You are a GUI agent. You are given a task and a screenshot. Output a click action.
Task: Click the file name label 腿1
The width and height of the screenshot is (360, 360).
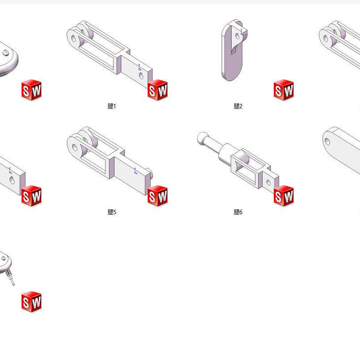112,106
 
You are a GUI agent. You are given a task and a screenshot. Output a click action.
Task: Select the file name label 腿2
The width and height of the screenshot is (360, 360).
238,106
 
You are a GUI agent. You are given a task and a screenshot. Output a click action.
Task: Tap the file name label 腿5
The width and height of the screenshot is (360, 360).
112,212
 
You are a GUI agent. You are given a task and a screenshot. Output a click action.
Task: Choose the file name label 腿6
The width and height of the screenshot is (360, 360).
238,212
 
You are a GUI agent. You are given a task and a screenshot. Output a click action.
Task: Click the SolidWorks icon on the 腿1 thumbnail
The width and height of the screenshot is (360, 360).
158,90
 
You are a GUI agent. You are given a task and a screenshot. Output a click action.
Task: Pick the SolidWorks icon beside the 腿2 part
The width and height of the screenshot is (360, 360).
284,90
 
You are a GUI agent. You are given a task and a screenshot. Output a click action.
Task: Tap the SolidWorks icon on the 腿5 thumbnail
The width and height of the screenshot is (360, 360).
158,196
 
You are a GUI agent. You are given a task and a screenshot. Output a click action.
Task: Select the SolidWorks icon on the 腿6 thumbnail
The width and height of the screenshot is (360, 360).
284,196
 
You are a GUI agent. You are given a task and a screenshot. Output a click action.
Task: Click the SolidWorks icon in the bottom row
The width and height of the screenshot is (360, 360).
32,302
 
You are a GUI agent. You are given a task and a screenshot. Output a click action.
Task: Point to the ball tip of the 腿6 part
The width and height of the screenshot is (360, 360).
201,138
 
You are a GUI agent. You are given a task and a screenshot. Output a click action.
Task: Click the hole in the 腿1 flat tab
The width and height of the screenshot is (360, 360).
141,75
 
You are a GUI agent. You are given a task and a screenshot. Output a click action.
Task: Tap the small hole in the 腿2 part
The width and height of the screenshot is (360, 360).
238,35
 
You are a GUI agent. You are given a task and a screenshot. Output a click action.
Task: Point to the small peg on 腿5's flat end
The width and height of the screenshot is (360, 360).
148,172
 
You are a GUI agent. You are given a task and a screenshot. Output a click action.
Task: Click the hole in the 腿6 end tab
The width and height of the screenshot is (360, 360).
268,181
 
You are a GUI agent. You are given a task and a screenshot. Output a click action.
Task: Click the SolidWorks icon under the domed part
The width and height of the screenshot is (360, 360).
32,90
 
